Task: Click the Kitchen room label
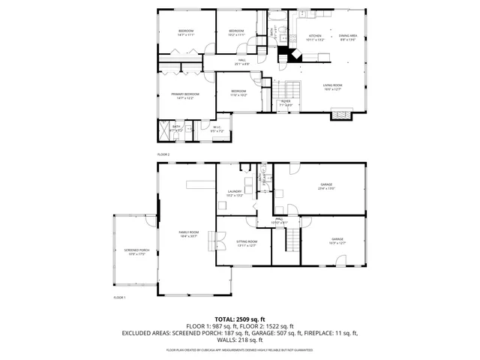tap(316, 37)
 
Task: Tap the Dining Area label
tap(348, 37)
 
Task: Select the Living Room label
tap(333, 88)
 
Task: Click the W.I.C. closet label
tap(217, 129)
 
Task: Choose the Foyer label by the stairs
tap(286, 103)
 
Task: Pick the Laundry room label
tap(235, 193)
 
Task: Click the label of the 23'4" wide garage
tap(326, 187)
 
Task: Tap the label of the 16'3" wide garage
tap(337, 241)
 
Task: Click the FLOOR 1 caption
tap(119, 298)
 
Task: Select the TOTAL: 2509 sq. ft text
tap(240, 319)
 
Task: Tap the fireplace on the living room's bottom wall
tap(342, 115)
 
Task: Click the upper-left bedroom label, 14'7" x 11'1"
tap(185, 32)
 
